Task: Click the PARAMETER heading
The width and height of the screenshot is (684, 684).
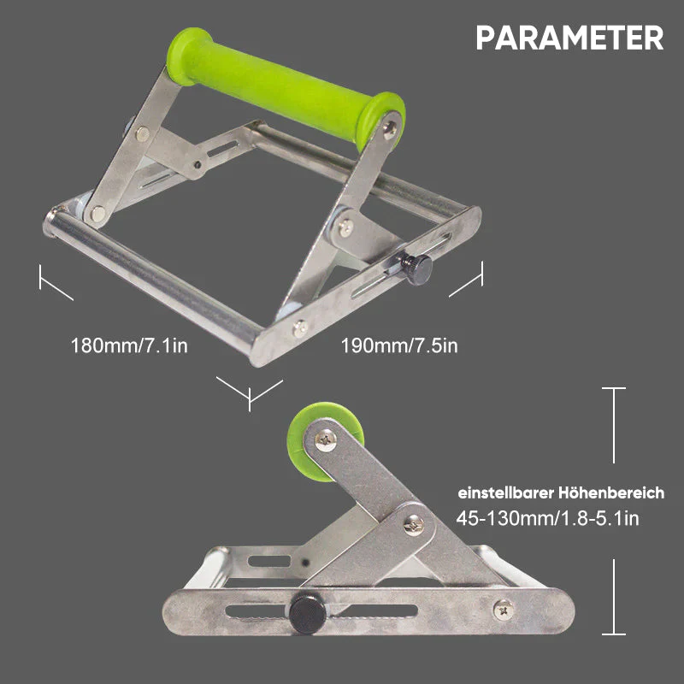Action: [569, 38]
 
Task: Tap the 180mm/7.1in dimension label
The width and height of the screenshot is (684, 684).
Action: [129, 345]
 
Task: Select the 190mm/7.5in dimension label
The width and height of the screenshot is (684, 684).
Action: [399, 345]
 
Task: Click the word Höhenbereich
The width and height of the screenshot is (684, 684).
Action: [611, 493]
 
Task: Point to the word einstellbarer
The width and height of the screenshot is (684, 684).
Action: [505, 493]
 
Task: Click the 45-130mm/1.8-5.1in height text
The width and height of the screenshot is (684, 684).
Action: [547, 519]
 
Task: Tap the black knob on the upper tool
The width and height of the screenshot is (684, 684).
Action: [416, 268]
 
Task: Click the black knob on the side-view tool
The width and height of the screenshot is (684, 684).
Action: [307, 614]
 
